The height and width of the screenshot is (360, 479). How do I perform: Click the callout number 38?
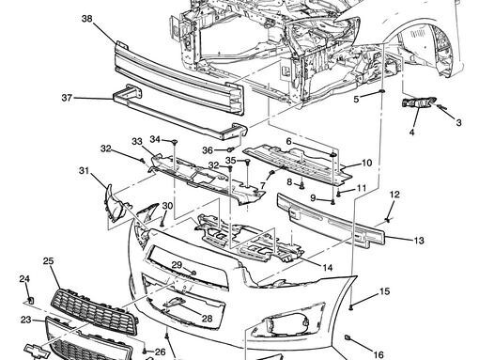pyautogui.click(x=87, y=19)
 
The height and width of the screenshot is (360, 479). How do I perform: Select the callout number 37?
pyautogui.click(x=67, y=98)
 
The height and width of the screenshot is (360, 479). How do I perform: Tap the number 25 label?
pyautogui.click(x=48, y=261)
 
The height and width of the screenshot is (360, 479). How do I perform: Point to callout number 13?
pyautogui.click(x=419, y=241)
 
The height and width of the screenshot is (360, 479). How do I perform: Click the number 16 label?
pyautogui.click(x=379, y=354)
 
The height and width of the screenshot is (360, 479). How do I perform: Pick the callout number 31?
pyautogui.click(x=84, y=171)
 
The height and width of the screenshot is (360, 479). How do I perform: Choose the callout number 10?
pyautogui.click(x=366, y=163)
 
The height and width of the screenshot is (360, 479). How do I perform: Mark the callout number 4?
pyautogui.click(x=411, y=133)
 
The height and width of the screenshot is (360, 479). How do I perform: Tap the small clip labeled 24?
pyautogui.click(x=31, y=301)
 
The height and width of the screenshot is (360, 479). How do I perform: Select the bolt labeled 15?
pyautogui.click(x=351, y=306)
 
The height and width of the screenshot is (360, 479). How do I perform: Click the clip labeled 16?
pyautogui.click(x=348, y=337)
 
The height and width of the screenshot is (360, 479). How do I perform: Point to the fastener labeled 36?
pyautogui.click(x=231, y=149)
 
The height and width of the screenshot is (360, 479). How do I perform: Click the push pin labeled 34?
pyautogui.click(x=175, y=142)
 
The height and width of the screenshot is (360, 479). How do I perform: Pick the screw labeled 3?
pyautogui.click(x=442, y=108)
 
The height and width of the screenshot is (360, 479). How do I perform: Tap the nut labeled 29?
pyautogui.click(x=193, y=273)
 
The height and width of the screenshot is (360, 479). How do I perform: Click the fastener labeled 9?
pyautogui.click(x=333, y=201)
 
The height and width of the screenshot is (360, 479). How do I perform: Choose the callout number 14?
pyautogui.click(x=328, y=268)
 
